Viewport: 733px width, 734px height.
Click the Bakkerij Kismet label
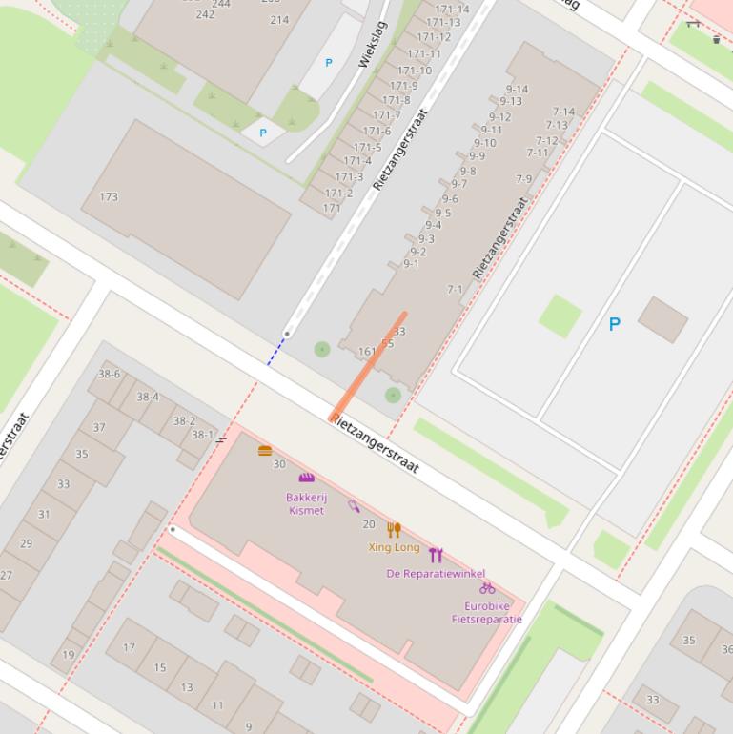point(305,503)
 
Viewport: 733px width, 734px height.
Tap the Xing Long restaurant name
point(394,547)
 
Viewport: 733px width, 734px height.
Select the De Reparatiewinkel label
point(436,574)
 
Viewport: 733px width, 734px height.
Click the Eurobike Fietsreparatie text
point(486,612)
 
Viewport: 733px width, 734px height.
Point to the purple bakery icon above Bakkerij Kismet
point(306,478)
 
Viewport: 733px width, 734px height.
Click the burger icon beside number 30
point(265,451)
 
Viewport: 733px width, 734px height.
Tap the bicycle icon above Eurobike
point(487,588)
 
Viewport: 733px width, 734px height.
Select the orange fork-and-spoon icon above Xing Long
point(394,529)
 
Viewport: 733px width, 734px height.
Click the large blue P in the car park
point(614,325)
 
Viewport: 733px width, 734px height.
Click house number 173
point(109,197)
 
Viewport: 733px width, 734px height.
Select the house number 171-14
point(451,10)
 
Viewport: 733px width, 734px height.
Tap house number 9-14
point(517,90)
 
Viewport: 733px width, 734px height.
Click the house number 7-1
point(455,289)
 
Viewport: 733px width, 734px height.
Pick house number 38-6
point(109,375)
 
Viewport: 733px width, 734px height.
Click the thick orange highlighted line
point(368,366)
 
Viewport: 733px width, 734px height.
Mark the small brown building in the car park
point(662,319)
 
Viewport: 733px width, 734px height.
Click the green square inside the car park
point(560,316)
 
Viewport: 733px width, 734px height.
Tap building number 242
point(205,14)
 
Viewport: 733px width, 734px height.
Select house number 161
point(366,352)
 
